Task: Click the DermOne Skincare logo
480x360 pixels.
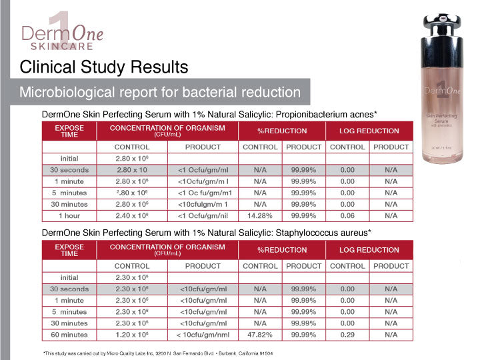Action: [62, 33]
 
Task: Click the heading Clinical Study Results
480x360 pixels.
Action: [103, 67]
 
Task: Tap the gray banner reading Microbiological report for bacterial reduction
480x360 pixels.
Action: [160, 92]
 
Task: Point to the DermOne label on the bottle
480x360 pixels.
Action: [440, 90]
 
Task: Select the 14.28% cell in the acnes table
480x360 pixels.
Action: [260, 216]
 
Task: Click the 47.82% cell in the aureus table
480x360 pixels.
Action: [260, 335]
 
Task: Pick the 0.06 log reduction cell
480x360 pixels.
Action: [347, 216]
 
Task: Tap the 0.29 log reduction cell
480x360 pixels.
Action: [347, 335]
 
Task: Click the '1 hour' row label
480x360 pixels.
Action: [69, 216]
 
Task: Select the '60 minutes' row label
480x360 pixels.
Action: [69, 335]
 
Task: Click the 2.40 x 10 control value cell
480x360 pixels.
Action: [131, 216]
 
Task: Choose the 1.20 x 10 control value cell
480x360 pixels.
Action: [131, 335]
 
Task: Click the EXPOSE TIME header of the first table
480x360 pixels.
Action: [69, 131]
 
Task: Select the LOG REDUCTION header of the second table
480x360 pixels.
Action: [369, 250]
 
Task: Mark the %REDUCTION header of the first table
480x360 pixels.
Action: [282, 131]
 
